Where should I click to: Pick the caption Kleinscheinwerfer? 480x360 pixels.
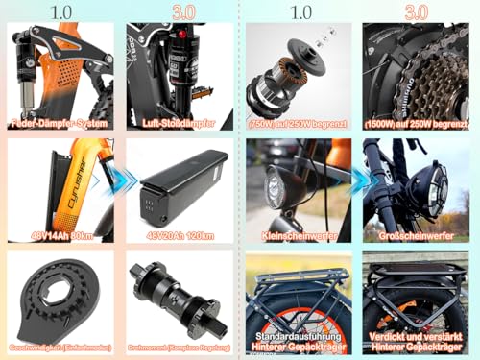coord(299,234)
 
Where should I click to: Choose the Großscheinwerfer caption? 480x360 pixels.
coord(415,234)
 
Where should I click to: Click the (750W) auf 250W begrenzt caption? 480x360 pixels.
coord(298,123)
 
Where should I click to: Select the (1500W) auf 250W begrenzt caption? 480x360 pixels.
coord(415,123)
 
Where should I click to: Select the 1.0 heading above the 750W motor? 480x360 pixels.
coord(300,11)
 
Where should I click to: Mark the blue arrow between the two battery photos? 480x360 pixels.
coord(118,179)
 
